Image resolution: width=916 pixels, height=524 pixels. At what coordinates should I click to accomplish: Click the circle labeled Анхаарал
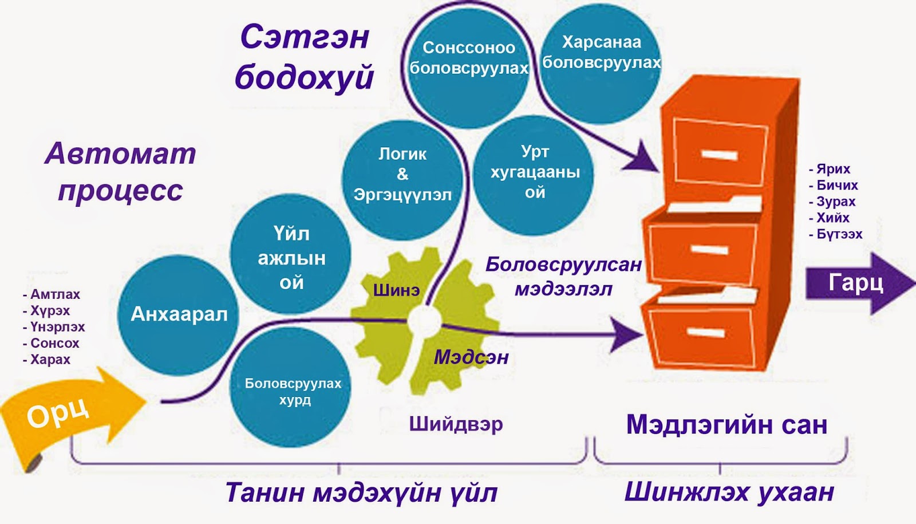178,314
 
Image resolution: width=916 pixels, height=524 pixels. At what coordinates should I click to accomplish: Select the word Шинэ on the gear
396,290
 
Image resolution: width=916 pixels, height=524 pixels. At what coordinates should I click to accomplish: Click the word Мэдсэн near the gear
471,357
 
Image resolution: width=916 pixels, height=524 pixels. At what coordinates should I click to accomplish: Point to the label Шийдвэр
456,424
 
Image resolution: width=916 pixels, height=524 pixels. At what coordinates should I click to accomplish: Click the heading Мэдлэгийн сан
726,425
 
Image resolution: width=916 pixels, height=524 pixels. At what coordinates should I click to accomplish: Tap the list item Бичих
836,185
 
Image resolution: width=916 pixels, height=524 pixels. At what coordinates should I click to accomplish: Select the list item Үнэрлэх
57,327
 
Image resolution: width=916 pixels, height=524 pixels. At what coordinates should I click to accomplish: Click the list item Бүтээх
839,234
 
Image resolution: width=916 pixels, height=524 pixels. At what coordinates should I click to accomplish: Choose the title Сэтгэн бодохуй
304,57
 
